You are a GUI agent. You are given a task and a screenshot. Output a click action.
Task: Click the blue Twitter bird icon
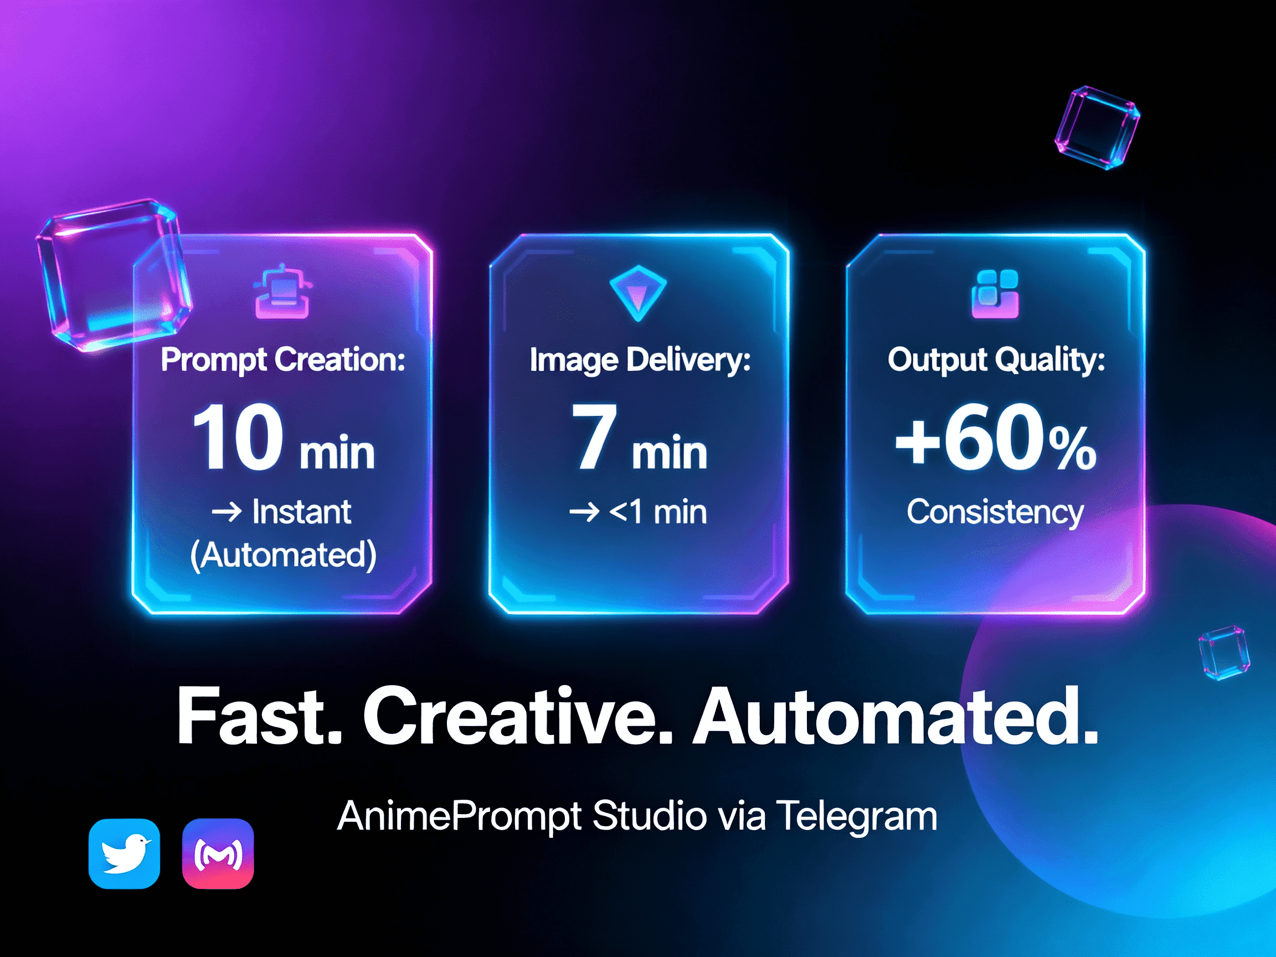[124, 853]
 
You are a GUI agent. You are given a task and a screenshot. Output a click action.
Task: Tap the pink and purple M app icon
[218, 853]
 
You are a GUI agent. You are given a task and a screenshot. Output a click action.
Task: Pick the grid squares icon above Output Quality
[995, 294]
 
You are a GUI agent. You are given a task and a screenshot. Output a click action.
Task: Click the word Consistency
[995, 512]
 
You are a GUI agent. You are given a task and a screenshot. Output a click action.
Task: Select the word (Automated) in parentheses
[282, 555]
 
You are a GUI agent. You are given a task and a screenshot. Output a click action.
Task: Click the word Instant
[301, 512]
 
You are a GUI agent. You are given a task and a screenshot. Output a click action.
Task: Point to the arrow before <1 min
[584, 512]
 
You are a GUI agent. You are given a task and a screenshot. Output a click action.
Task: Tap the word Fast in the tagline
[259, 717]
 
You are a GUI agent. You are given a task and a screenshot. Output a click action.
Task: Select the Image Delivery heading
[640, 360]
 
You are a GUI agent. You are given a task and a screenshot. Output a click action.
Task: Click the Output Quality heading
[996, 360]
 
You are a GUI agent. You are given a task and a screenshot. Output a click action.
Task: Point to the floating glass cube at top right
[1097, 127]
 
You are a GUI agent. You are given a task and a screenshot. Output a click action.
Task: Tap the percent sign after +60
[1072, 449]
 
